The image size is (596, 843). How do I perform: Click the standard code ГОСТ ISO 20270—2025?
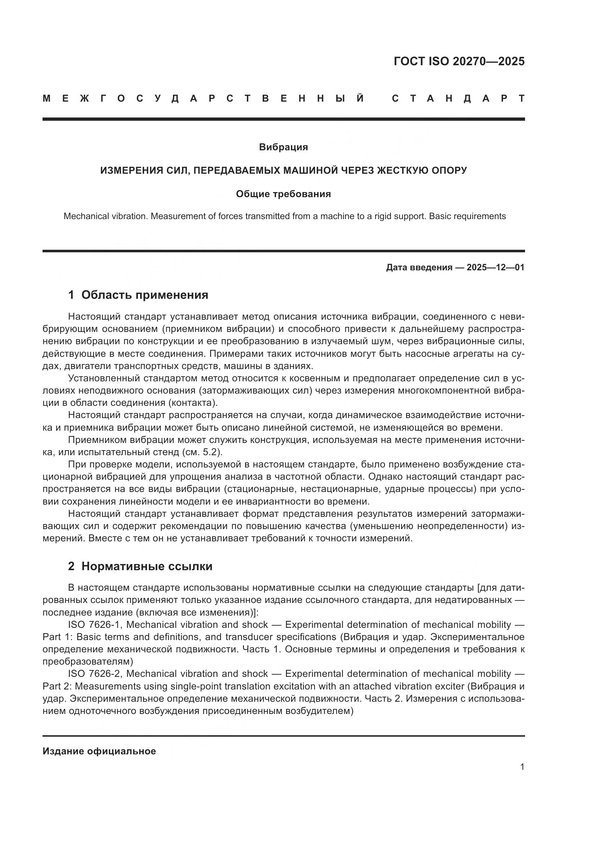459,61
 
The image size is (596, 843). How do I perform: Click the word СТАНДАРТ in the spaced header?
458,98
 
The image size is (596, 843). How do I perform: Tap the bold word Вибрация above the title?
283,147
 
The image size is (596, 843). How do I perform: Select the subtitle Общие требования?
283,194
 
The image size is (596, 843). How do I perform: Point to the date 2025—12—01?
495,267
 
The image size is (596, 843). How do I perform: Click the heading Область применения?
144,294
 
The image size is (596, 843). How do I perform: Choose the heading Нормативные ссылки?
147,566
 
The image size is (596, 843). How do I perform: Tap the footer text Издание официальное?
99,751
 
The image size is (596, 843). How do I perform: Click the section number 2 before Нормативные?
71,566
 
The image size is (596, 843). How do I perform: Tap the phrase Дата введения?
419,267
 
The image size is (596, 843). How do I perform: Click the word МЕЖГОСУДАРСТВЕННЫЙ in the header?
204,98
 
